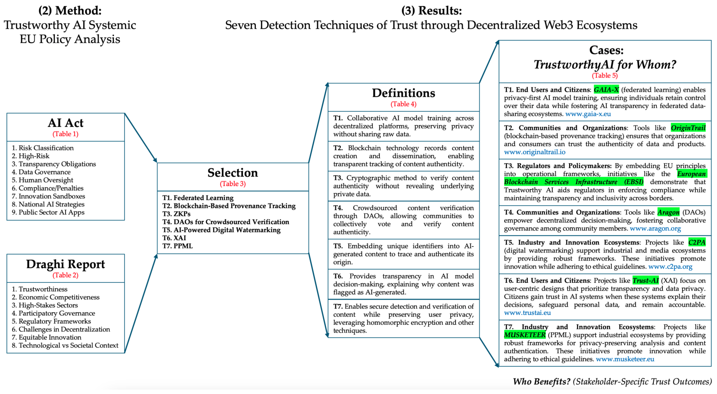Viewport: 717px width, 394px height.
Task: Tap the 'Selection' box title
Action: coord(233,173)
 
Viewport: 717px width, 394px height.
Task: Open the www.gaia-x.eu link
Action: coord(588,114)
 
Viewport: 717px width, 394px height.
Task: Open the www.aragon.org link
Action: coord(655,229)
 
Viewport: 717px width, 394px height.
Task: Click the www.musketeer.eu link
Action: coord(625,359)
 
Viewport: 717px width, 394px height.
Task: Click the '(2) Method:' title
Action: coord(70,11)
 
